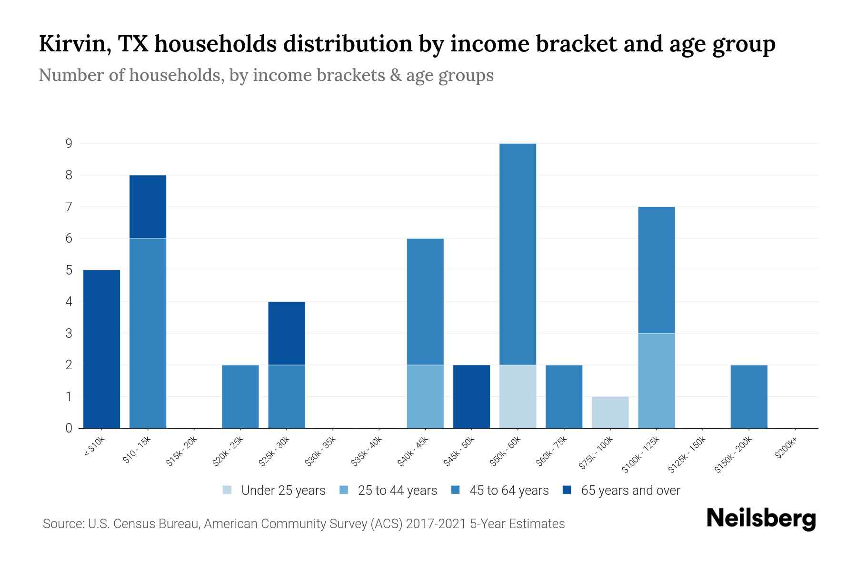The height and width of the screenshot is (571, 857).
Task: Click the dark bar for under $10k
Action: pyautogui.click(x=101, y=349)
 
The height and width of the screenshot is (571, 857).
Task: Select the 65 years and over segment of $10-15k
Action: pyautogui.click(x=148, y=207)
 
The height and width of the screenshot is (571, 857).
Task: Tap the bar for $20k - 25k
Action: pyautogui.click(x=240, y=396)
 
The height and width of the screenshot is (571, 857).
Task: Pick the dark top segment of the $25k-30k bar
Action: pyautogui.click(x=287, y=333)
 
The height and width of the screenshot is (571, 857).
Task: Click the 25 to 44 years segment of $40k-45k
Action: pyautogui.click(x=425, y=396)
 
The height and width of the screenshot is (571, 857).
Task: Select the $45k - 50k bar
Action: pyautogui.click(x=471, y=396)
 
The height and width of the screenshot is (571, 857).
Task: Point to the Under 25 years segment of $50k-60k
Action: pyautogui.click(x=518, y=396)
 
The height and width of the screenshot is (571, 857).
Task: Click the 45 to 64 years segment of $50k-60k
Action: pyautogui.click(x=518, y=254)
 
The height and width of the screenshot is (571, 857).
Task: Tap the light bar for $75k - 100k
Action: pyautogui.click(x=610, y=412)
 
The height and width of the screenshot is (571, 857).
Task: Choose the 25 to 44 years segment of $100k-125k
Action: pyautogui.click(x=656, y=381)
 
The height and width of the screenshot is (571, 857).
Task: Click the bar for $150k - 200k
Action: pyautogui.click(x=748, y=396)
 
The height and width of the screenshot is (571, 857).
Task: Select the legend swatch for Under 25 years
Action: pyautogui.click(x=228, y=490)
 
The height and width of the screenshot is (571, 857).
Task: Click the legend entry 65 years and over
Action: pyautogui.click(x=630, y=490)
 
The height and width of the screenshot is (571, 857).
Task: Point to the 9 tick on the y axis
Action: pyautogui.click(x=69, y=143)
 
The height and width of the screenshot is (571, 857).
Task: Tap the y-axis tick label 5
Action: pyautogui.click(x=69, y=270)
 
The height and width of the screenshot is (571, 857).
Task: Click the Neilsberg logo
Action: pyautogui.click(x=761, y=519)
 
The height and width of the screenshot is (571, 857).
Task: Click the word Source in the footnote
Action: pyautogui.click(x=62, y=524)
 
